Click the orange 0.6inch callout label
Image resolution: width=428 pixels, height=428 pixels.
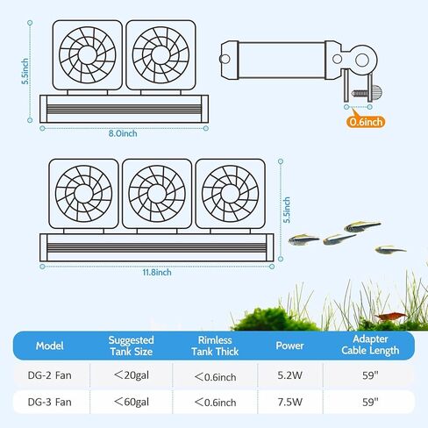click(366, 122)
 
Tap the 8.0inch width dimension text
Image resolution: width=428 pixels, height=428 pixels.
click(123, 133)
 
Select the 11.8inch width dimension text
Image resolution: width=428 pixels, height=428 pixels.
click(157, 272)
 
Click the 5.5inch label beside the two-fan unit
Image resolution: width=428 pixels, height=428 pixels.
click(25, 71)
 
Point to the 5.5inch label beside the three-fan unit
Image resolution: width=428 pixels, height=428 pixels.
click(287, 210)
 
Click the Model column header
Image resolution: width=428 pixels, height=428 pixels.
click(49, 346)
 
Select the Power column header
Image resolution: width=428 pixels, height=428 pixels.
click(289, 346)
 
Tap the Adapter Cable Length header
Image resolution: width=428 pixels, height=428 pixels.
click(370, 345)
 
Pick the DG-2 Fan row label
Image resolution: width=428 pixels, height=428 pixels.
click(49, 375)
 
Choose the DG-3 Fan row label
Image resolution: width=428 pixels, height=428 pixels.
click(49, 402)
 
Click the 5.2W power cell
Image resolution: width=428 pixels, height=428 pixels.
click(289, 375)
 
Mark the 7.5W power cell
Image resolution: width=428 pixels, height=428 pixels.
click(289, 402)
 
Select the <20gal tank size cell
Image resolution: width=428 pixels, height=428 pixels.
click(132, 375)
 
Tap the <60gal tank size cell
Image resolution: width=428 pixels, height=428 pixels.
click(132, 402)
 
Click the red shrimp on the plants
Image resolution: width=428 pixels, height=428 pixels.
click(390, 317)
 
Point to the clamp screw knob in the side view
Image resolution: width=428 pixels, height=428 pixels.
click(376, 92)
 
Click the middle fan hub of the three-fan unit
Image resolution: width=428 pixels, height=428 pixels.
click(157, 194)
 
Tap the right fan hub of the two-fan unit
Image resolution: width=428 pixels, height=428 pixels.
click(160, 55)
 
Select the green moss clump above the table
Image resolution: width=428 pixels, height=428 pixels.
click(274, 319)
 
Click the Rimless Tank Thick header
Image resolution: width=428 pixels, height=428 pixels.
click(215, 346)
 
